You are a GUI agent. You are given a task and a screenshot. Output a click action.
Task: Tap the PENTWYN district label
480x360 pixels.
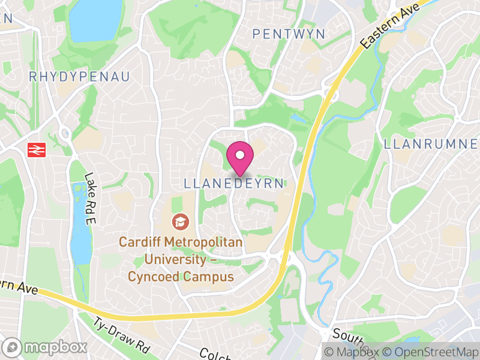289,34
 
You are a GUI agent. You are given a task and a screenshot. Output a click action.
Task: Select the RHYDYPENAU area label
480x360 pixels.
79,77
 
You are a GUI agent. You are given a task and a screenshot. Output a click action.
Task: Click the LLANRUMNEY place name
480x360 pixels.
431,144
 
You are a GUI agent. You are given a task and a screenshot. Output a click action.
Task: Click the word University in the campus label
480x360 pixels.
172,260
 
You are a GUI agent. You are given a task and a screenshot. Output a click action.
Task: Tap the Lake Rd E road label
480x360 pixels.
91,191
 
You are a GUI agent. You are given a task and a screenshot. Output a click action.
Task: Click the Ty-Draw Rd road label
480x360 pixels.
121,336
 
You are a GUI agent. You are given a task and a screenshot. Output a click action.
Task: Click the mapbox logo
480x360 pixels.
46,347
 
